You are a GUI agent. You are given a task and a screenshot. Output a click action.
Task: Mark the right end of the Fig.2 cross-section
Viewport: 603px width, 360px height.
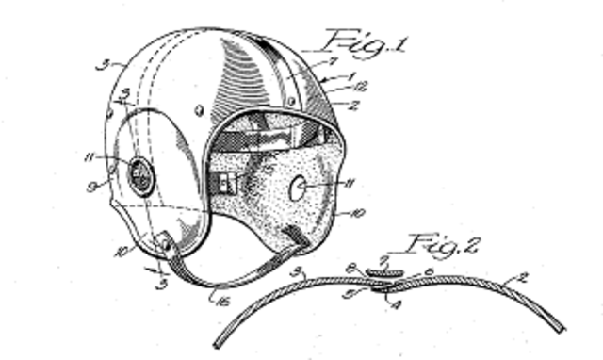(562, 329)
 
